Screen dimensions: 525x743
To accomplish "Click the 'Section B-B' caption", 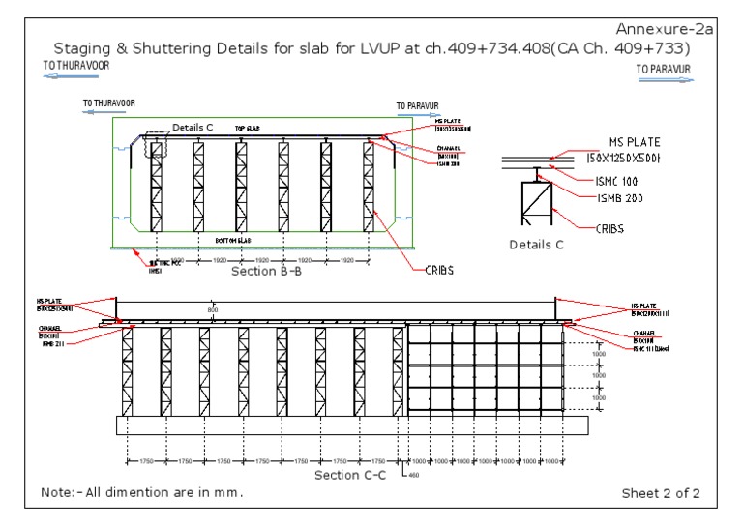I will coord(266,272).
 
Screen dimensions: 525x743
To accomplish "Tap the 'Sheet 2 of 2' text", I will coord(661,493).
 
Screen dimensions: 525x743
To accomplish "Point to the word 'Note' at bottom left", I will coord(56,492).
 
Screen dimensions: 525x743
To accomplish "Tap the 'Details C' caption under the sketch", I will coord(536,245).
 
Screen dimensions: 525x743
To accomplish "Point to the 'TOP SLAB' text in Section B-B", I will coord(248,128).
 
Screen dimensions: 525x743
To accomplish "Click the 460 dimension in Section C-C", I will coord(414,475).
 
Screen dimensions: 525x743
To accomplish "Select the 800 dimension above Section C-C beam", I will coord(213,309).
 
